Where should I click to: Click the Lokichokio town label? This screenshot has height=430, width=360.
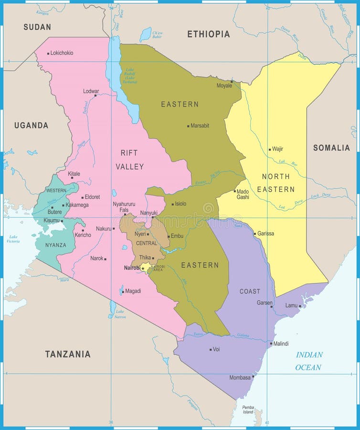(x=62, y=53)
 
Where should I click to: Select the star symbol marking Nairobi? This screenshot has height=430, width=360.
(x=143, y=268)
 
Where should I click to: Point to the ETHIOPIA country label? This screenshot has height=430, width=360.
(x=208, y=34)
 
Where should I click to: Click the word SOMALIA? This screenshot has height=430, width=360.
(x=331, y=148)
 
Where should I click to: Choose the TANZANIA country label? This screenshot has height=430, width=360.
(x=68, y=354)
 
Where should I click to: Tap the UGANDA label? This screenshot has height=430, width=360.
(x=31, y=125)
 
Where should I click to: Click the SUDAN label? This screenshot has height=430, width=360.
(x=37, y=27)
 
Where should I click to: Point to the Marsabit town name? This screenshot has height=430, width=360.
(x=200, y=126)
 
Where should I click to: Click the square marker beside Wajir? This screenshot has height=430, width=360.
(x=270, y=149)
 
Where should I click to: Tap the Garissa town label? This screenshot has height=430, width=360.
(x=265, y=234)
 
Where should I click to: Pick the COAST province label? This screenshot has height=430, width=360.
(x=250, y=291)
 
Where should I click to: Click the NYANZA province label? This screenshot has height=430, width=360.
(x=55, y=245)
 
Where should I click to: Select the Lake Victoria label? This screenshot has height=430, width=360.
(x=13, y=239)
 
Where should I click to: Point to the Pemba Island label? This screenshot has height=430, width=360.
(x=248, y=409)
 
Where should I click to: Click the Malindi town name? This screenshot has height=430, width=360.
(x=281, y=344)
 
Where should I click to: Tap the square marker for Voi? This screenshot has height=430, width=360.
(x=211, y=350)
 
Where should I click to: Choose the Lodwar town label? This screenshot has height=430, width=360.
(x=91, y=91)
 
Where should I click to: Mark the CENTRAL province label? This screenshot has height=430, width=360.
(x=146, y=243)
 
